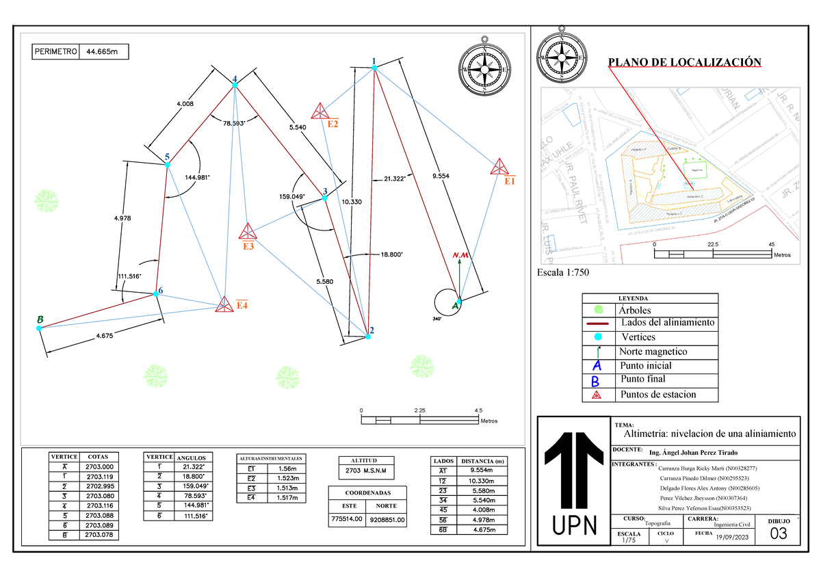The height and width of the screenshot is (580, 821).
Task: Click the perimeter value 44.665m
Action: [103, 51]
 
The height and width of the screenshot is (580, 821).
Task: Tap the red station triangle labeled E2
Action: [320, 111]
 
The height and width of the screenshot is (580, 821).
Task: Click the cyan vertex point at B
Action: [39, 328]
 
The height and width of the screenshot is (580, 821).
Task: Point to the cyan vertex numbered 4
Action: [235, 85]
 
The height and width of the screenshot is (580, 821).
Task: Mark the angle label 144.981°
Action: [198, 177]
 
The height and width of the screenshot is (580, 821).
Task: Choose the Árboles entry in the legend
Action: [634, 311]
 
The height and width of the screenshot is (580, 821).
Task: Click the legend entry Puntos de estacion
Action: [657, 394]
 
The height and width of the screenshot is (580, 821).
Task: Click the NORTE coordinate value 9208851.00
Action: [388, 520]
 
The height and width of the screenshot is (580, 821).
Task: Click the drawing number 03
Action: [779, 534]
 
